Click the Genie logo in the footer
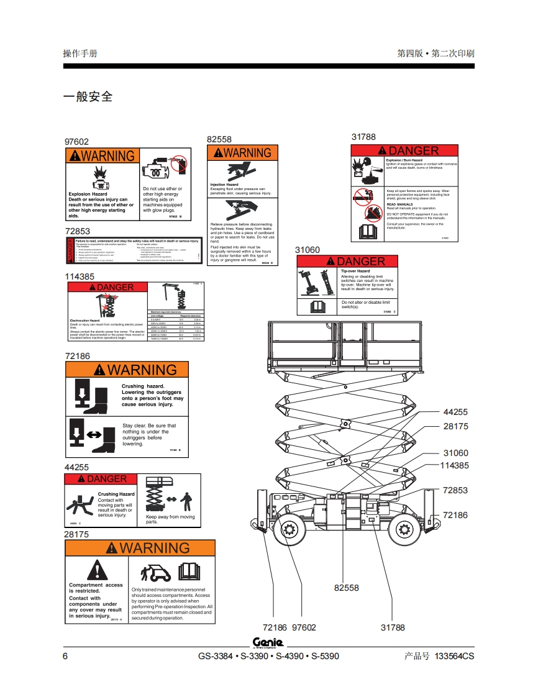(268, 642)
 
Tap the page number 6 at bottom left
(66, 656)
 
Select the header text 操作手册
(80, 53)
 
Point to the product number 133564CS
(454, 656)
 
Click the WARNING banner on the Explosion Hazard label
(101, 156)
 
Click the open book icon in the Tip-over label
(318, 306)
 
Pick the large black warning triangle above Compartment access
(96, 570)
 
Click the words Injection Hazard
(224, 184)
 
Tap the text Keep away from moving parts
(170, 519)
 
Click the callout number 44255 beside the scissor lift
(455, 412)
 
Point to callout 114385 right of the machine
(454, 465)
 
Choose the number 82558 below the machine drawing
(346, 588)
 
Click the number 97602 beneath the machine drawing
(304, 627)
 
